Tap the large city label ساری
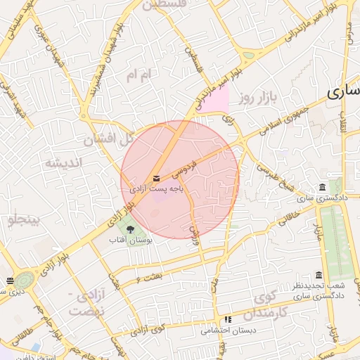[345, 91]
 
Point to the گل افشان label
[109, 139]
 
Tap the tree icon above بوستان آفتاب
[129, 228]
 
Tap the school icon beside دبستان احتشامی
[227, 320]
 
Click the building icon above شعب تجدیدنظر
[319, 275]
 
